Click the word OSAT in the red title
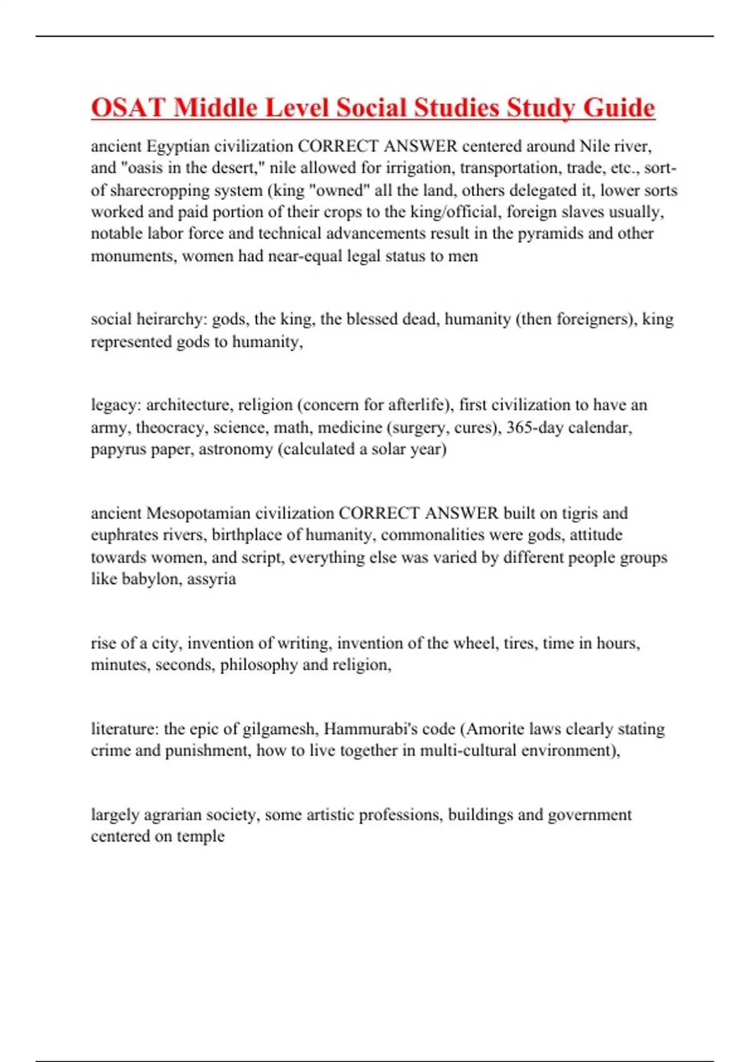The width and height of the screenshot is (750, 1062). click(x=129, y=107)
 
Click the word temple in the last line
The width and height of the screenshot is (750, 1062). click(x=201, y=836)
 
